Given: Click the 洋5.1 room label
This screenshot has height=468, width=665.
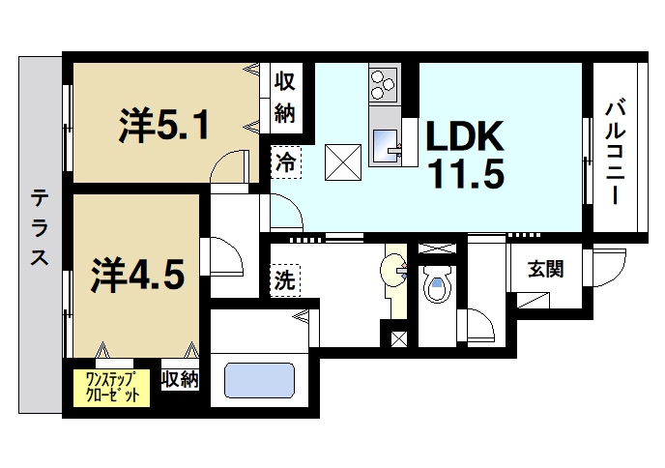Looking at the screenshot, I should (x=164, y=127).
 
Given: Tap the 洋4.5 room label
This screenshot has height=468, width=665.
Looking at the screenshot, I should (x=137, y=275).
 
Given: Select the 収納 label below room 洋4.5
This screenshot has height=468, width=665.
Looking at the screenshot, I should (x=180, y=379).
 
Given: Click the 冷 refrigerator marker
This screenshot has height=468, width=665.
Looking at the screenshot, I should (x=285, y=161).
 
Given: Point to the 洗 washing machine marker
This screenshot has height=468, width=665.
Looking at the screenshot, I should (x=284, y=281).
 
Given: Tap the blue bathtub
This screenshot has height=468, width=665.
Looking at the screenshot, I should (x=259, y=379).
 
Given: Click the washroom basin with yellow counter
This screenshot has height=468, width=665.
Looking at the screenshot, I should (x=395, y=272).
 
